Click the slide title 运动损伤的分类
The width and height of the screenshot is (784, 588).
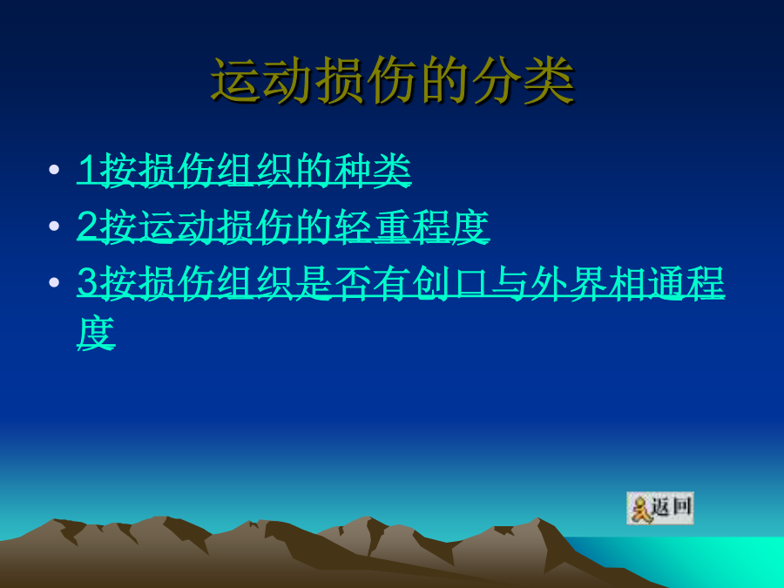pyautogui.click(x=393, y=80)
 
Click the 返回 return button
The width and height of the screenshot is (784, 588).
pyautogui.click(x=660, y=508)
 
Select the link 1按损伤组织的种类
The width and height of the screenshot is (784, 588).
pyautogui.click(x=244, y=170)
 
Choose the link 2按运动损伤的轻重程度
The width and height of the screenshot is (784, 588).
pyautogui.click(x=283, y=226)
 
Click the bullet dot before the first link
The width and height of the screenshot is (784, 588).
pyautogui.click(x=54, y=169)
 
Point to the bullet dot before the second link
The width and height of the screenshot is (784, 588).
pyautogui.click(x=54, y=226)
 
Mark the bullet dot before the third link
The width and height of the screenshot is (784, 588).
pyautogui.click(x=54, y=282)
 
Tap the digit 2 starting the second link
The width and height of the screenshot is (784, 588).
pyautogui.click(x=88, y=226)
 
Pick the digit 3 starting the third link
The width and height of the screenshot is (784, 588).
pyautogui.click(x=88, y=283)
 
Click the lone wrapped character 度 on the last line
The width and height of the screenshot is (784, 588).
pyautogui.click(x=97, y=333)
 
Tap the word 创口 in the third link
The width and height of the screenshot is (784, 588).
pyautogui.click(x=450, y=283)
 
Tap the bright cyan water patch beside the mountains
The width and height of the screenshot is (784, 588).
pyautogui.click(x=700, y=560)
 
